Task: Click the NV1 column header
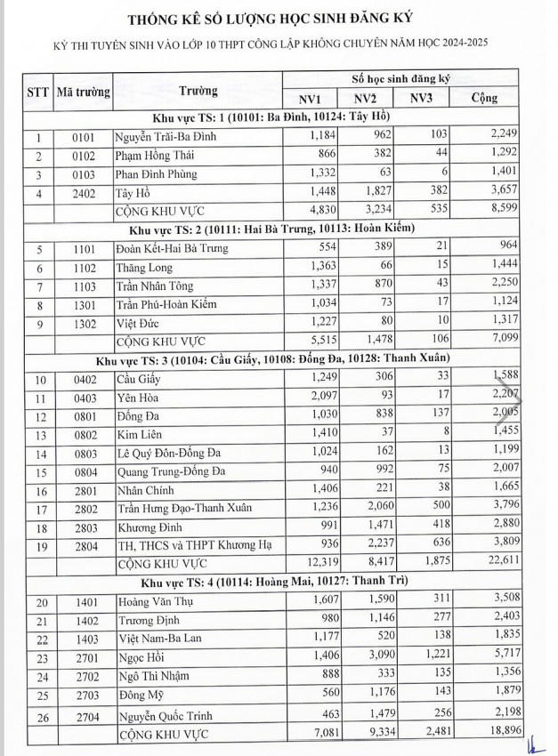click(312, 99)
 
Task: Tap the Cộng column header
click(486, 99)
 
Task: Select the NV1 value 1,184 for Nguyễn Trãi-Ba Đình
click(316, 136)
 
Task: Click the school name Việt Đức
click(139, 323)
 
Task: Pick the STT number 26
click(38, 715)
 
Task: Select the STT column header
click(38, 90)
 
